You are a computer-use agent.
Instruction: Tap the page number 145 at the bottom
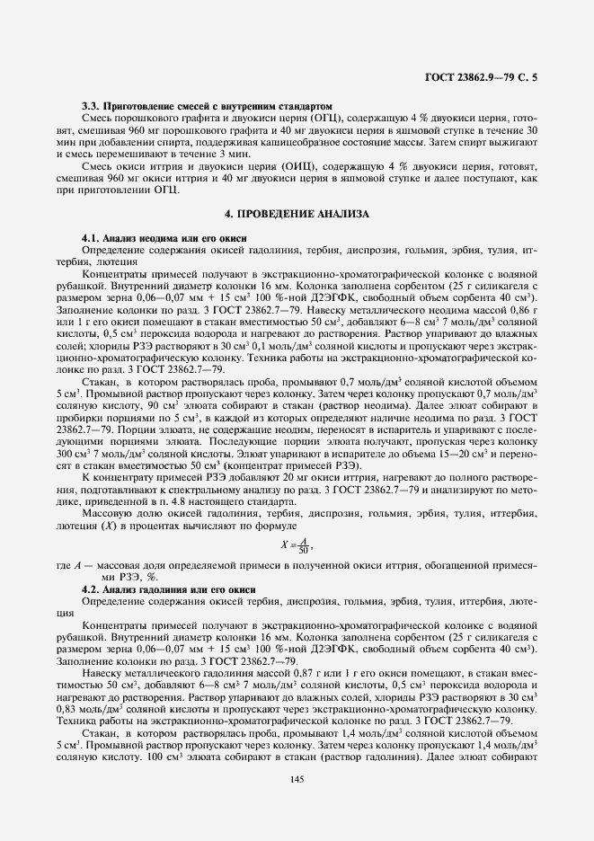point(297,779)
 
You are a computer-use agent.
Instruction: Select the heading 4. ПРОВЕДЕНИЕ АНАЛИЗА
point(297,213)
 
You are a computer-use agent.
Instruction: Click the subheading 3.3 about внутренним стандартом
point(207,106)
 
